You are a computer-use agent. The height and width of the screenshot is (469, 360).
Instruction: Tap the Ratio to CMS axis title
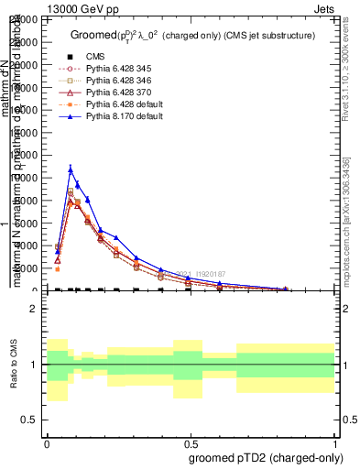pos(12,364)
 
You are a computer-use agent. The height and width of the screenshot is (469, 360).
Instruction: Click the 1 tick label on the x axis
pos(335,442)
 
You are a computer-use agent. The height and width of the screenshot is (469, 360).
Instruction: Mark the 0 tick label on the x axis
pos(47,442)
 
